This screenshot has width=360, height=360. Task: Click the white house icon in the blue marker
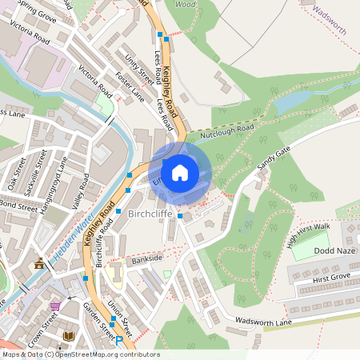(180, 172)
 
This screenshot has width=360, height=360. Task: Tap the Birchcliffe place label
(150, 215)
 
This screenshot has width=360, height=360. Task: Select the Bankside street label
(146, 259)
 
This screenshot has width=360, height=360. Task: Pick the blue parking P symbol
(119, 340)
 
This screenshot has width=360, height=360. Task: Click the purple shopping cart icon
(54, 306)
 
